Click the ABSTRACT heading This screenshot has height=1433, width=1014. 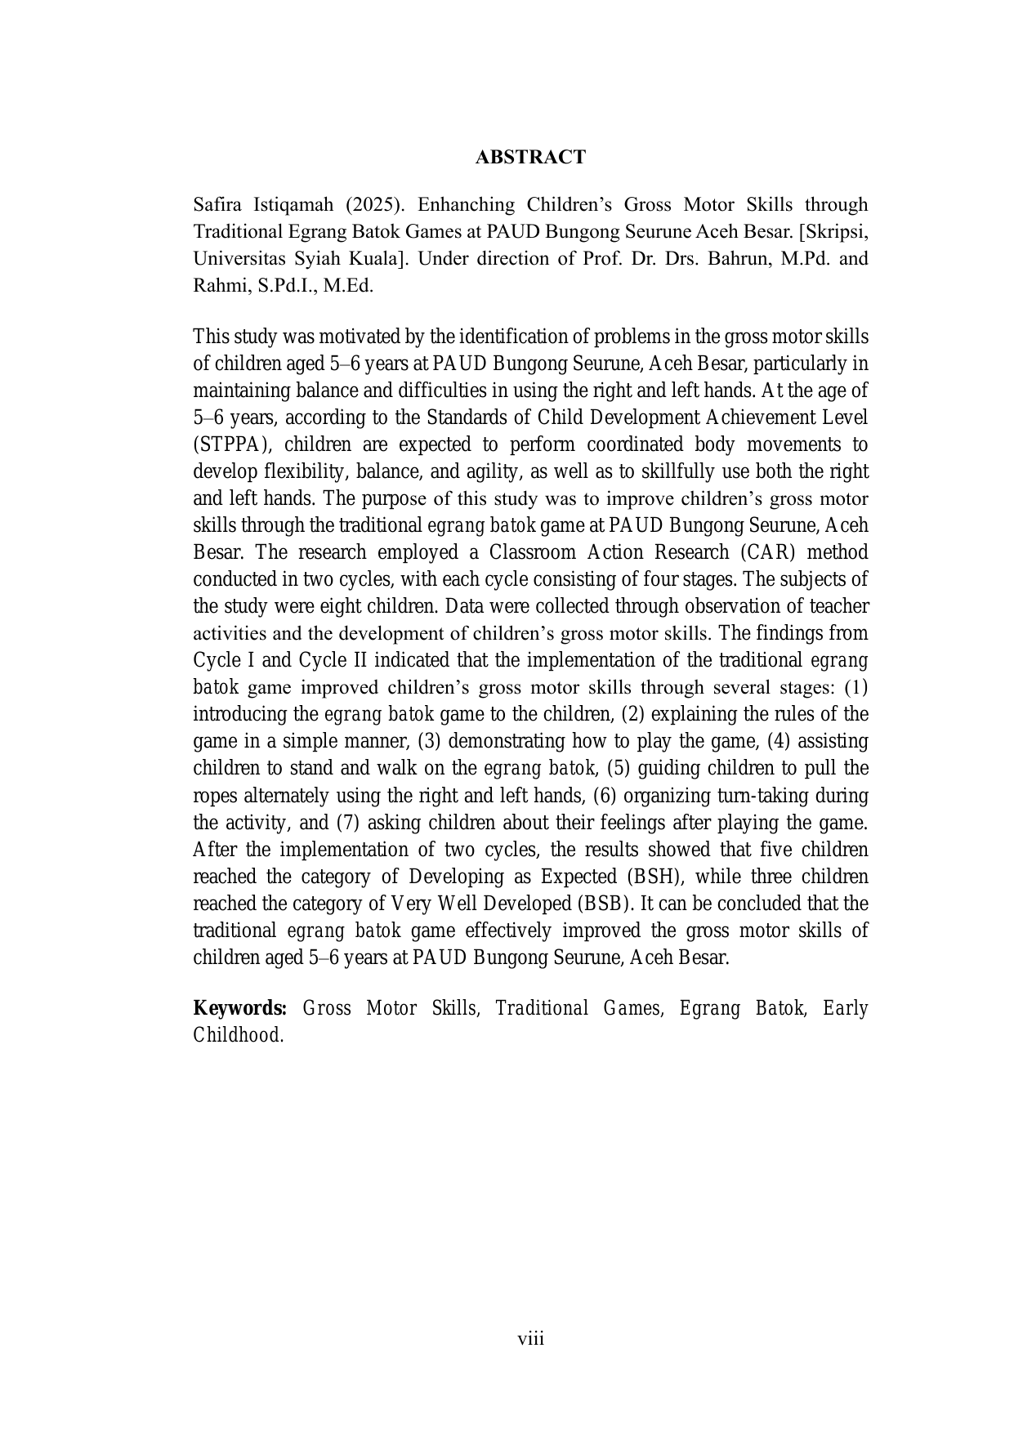pos(530,157)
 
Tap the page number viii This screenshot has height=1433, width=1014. pos(530,1338)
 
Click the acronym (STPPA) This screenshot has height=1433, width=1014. pos(230,444)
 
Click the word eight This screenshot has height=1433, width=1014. pos(350,606)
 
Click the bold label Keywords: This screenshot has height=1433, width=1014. pos(239,1008)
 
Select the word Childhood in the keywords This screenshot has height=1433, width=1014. pos(237,1035)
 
